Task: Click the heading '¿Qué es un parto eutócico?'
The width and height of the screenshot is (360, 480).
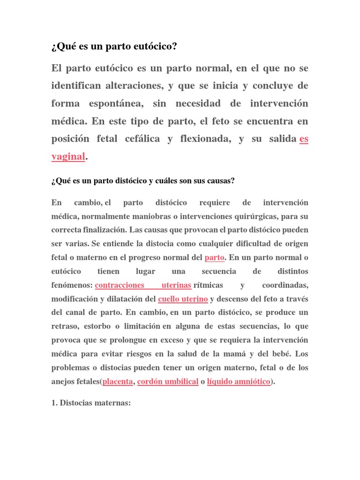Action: pyautogui.click(x=114, y=47)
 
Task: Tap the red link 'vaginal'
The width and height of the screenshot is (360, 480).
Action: pyautogui.click(x=68, y=157)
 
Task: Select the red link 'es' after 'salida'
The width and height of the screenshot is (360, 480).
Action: pyautogui.click(x=304, y=139)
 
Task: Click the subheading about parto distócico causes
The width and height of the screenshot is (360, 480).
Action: pyautogui.click(x=143, y=180)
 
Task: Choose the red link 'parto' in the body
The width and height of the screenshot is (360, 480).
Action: pyautogui.click(x=215, y=258)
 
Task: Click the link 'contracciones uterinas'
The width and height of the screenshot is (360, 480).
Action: pyautogui.click(x=143, y=285)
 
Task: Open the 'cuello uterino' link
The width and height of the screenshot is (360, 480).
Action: pyautogui.click(x=183, y=299)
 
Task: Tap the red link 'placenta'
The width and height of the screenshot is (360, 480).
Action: pyautogui.click(x=118, y=382)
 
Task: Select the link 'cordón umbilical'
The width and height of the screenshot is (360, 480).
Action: pyautogui.click(x=168, y=382)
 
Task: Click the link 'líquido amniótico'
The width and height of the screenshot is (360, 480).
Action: pyautogui.click(x=239, y=382)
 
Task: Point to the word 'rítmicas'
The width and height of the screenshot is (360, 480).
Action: pyautogui.click(x=208, y=285)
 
